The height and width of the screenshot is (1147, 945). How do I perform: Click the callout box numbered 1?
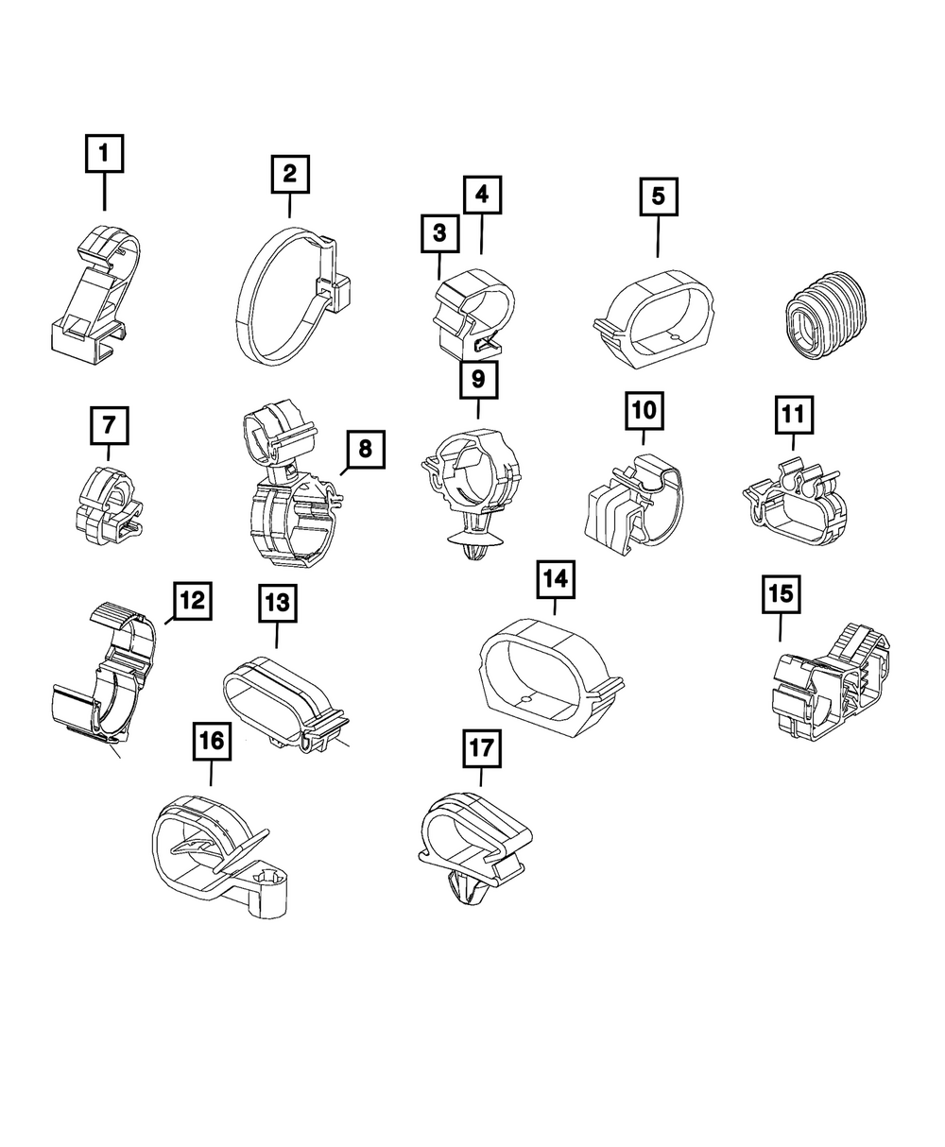tap(104, 153)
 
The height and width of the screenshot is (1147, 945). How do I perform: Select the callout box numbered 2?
tap(289, 174)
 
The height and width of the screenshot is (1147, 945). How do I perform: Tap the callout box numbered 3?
tap(439, 232)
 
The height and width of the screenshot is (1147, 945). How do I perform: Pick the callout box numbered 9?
tap(477, 380)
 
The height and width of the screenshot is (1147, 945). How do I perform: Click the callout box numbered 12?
tap(192, 599)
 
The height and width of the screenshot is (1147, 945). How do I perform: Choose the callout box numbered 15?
tap(781, 594)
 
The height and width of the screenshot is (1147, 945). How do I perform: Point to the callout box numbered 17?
tap(481, 750)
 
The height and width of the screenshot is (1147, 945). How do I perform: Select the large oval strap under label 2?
tap(283, 295)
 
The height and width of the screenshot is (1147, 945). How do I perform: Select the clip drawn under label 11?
tap(794, 501)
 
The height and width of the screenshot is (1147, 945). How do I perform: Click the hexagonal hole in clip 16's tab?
tap(268, 882)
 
